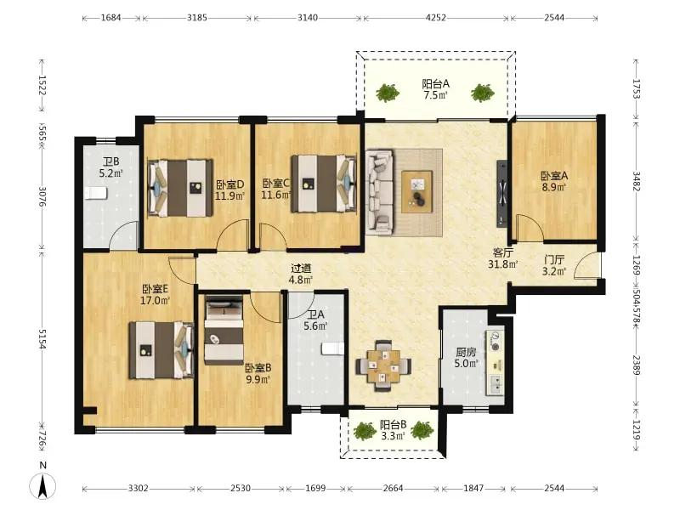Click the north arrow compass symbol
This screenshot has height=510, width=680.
click(x=42, y=485)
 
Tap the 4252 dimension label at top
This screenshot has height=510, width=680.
click(x=435, y=18)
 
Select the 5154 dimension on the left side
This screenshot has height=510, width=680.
click(x=42, y=339)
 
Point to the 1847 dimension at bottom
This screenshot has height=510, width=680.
click(x=473, y=488)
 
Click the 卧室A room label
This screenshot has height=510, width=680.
click(x=554, y=176)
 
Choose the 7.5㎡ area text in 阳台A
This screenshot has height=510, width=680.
click(x=435, y=95)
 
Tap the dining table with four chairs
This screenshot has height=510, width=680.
click(x=384, y=366)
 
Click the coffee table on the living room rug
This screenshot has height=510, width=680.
click(x=416, y=191)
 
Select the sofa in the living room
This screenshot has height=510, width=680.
click(x=380, y=192)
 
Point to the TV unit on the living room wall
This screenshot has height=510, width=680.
click(x=501, y=193)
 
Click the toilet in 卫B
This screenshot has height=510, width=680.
click(x=96, y=193)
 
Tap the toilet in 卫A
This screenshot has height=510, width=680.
click(x=332, y=348)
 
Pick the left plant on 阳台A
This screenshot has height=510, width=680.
click(x=388, y=93)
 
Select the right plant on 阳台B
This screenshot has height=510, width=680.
click(x=422, y=430)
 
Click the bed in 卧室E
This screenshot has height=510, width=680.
click(x=161, y=350)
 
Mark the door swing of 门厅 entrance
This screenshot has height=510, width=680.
click(x=586, y=264)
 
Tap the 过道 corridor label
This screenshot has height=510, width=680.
click(x=301, y=269)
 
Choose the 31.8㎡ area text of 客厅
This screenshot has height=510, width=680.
click(x=502, y=263)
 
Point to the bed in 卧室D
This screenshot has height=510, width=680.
click(x=180, y=188)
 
